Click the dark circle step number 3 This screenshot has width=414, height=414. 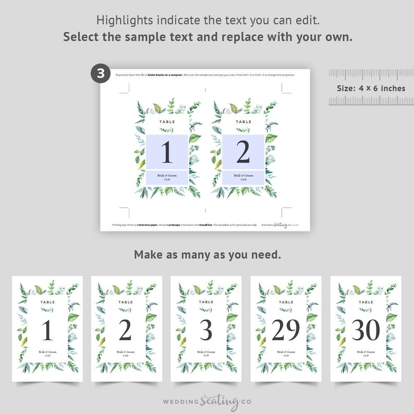[101, 73]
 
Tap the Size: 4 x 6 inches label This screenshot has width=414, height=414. [371, 88]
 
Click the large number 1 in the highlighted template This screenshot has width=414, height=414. [166, 152]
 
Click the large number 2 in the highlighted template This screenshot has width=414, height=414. [243, 152]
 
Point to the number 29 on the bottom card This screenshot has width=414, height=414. [286, 330]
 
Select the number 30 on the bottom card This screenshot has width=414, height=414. [366, 330]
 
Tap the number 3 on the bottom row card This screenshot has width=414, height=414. [206, 330]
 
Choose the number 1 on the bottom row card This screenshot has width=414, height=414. [47, 331]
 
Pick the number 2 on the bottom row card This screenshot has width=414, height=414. [125, 330]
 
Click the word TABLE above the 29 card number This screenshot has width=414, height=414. [286, 302]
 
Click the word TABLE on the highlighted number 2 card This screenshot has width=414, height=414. [243, 121]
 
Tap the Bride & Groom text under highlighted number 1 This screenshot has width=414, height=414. [166, 176]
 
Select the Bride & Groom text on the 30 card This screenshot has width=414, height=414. [366, 352]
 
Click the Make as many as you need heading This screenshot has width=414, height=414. [207, 255]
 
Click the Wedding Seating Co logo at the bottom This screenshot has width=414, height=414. [207, 402]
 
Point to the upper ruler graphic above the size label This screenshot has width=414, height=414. [371, 74]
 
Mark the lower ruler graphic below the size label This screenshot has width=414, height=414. [371, 101]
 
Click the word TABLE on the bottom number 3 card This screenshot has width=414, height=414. [206, 302]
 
